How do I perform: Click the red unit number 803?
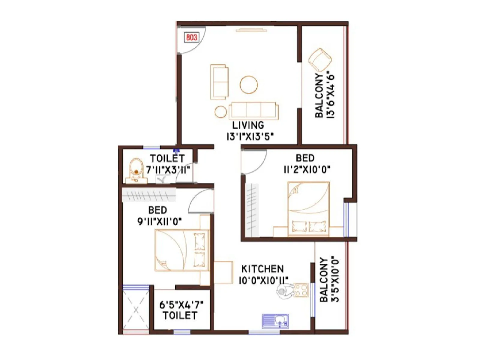click(192, 37)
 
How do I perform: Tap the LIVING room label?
click(248, 125)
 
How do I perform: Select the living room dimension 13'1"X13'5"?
click(250, 137)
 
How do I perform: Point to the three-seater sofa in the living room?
click(253, 110)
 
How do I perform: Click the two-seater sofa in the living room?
click(219, 82)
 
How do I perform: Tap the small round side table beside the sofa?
click(221, 112)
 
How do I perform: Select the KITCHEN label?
click(262, 268)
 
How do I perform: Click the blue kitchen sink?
click(275, 321)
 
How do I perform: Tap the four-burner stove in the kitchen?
click(301, 290)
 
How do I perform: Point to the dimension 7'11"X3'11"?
click(168, 170)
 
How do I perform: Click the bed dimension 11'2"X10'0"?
click(307, 169)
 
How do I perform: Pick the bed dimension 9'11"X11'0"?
click(159, 221)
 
